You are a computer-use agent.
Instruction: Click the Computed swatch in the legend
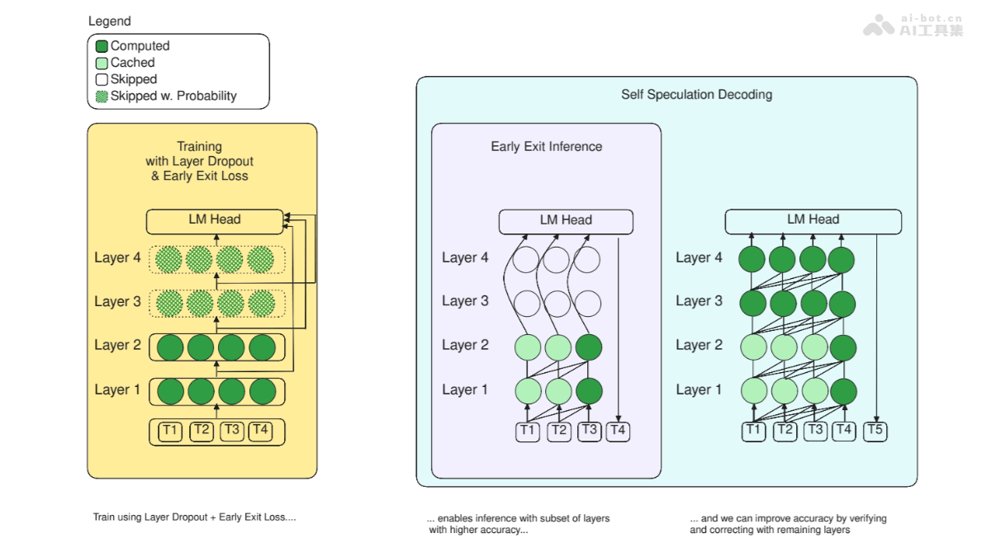click(x=102, y=46)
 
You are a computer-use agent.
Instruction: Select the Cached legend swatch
click(x=102, y=63)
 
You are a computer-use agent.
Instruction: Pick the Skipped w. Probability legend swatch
click(x=102, y=96)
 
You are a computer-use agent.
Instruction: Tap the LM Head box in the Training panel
click(x=214, y=219)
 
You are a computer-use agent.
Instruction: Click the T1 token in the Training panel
click(x=170, y=431)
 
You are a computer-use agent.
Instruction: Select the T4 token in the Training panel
click(x=260, y=431)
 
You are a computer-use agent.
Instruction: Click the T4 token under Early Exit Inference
click(x=619, y=431)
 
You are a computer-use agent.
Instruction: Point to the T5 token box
click(x=875, y=431)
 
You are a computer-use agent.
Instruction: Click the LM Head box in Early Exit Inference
click(x=566, y=220)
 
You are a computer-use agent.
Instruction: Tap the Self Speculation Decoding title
click(x=696, y=95)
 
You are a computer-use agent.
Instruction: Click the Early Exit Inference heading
click(x=546, y=147)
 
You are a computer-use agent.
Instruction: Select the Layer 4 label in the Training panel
click(x=117, y=258)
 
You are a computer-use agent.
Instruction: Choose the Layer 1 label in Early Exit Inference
click(x=465, y=389)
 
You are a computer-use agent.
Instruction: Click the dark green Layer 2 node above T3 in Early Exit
click(x=589, y=347)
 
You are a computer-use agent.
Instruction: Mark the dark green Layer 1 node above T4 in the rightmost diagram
click(x=842, y=389)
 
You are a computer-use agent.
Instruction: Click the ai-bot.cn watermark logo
click(x=913, y=26)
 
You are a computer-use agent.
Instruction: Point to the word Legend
click(x=109, y=21)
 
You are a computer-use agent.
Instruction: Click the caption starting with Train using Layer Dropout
click(x=194, y=517)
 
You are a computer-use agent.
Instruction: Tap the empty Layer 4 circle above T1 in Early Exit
click(x=526, y=260)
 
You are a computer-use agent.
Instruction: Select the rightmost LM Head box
click(x=813, y=220)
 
